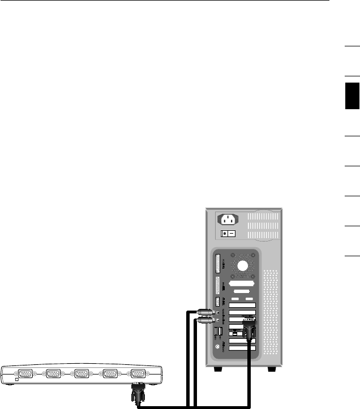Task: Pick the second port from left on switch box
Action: [54, 374]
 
